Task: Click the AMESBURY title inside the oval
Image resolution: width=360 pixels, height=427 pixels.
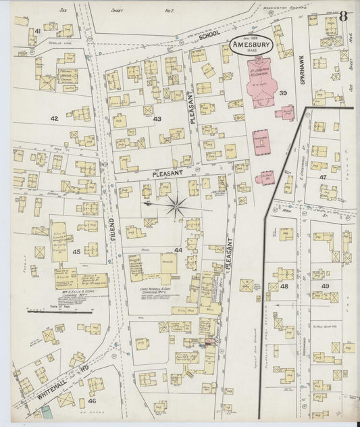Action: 252,45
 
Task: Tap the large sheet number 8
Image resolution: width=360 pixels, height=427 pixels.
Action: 344,16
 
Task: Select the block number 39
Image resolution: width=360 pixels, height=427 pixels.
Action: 284,93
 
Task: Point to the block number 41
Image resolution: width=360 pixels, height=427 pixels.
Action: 38,31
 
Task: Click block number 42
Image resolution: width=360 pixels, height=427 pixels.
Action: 54,118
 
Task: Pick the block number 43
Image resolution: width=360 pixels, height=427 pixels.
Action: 157,119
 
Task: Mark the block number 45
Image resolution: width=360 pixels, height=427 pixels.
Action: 76,252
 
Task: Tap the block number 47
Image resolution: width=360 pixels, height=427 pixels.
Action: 323,176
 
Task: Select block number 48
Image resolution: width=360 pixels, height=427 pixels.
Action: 284,286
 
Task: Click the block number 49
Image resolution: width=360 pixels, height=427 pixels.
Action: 325,286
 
